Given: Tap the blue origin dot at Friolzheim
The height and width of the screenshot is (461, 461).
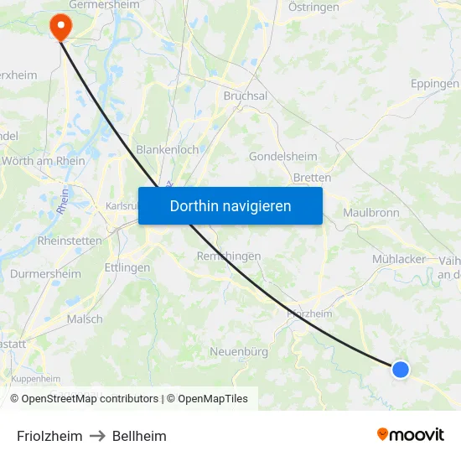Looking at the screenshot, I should coord(401,369).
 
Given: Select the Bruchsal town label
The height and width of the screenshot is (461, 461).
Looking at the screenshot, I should coord(246,96).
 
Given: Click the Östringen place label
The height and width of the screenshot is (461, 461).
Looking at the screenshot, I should coord(313,7).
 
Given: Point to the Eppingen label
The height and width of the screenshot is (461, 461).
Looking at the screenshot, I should coord(435,84).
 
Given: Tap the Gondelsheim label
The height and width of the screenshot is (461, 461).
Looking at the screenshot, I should coord(283,157).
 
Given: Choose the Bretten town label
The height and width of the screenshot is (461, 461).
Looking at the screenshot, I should coord(312,178).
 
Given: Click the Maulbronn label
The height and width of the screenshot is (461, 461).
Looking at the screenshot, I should coord(371,213).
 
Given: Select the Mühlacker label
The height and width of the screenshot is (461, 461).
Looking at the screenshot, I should coord(399,259).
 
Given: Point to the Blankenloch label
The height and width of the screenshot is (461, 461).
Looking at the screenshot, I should coord(168,149).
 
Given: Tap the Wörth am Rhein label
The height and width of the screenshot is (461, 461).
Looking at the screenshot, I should coord(44,161).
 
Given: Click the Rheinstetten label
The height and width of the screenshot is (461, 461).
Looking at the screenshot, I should coord(70,241).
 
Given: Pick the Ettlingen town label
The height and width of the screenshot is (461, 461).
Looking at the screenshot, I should coord(127,268).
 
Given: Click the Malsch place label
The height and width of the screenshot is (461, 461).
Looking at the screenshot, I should coord(85,319).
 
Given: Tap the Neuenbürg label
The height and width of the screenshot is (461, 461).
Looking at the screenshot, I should coord(239,351).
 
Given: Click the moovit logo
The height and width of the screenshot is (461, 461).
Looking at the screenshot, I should coord(411,434).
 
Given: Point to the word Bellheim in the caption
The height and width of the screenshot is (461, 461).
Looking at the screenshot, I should coord(139,436).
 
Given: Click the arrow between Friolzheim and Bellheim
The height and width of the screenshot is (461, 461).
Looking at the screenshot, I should coord(97,436).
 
